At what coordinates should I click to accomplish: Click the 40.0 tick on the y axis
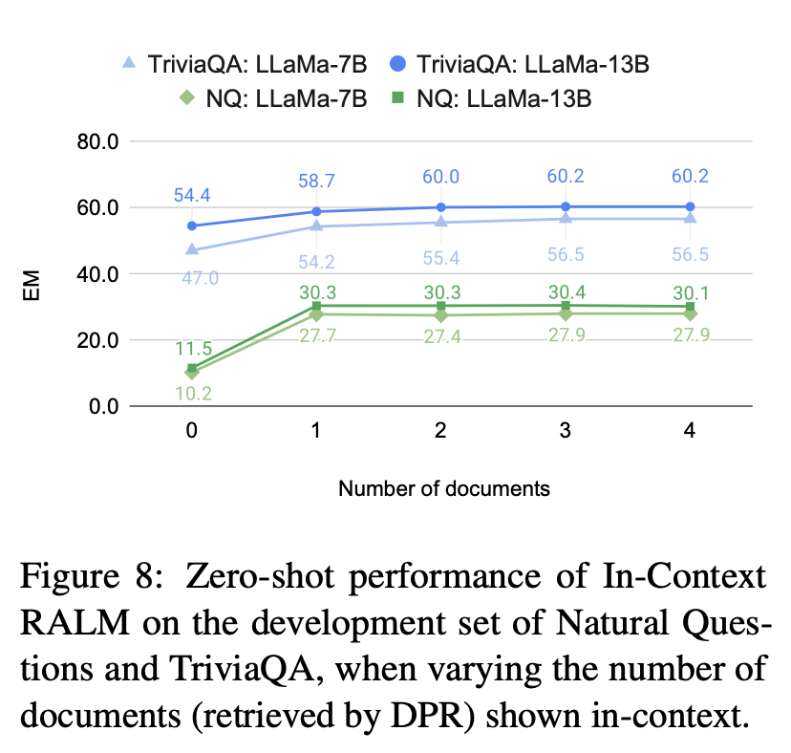point(97,274)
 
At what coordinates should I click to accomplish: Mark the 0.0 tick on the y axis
point(102,407)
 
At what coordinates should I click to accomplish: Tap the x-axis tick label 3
point(566,431)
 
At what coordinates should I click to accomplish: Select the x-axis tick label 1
point(316,431)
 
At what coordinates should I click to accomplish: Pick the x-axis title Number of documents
point(443,488)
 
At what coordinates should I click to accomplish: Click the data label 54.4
point(192,196)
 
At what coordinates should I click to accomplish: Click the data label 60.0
point(441,177)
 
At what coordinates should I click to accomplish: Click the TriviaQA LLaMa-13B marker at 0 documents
point(192,226)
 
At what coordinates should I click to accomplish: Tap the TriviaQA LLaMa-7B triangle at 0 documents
point(192,249)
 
